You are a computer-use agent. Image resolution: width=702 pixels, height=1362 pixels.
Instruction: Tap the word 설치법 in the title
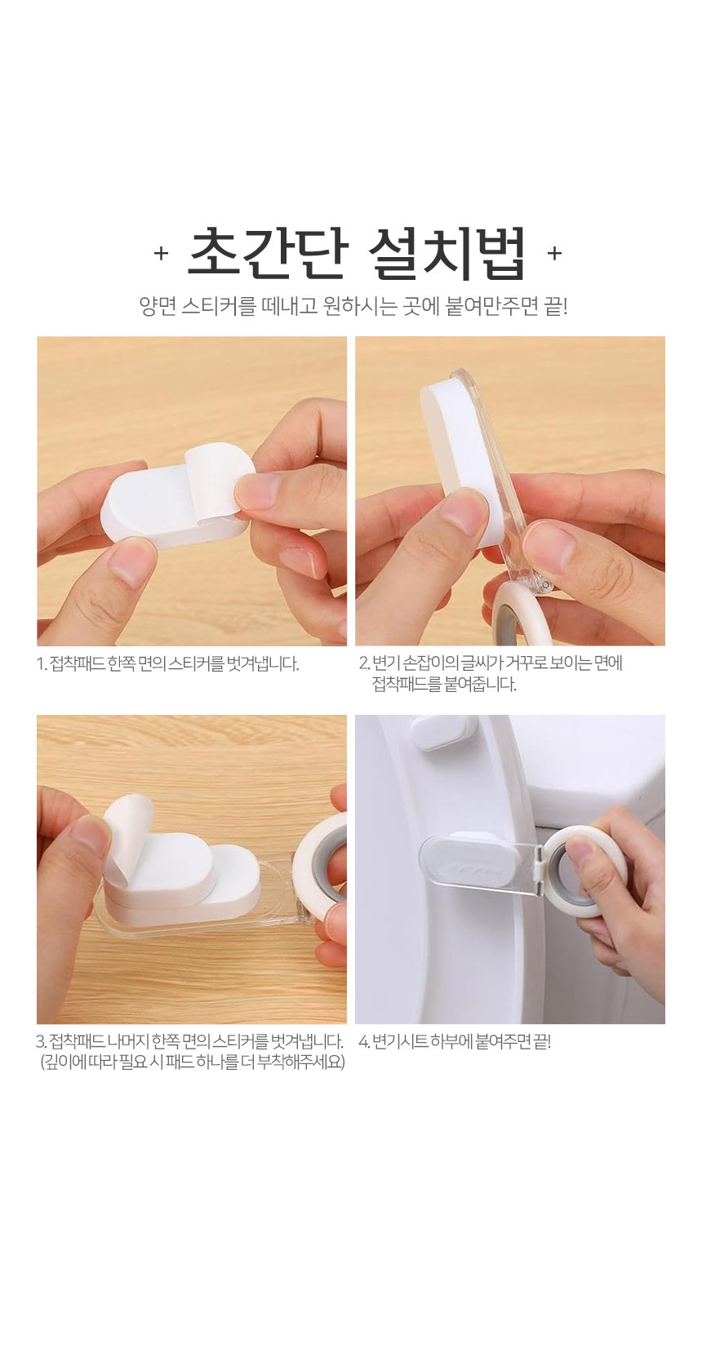(x=447, y=254)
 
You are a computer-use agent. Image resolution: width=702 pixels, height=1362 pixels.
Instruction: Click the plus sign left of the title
(x=161, y=254)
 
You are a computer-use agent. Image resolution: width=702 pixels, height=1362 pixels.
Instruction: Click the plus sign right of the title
(x=554, y=253)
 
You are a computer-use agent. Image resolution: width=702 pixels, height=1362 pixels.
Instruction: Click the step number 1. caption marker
(x=42, y=663)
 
